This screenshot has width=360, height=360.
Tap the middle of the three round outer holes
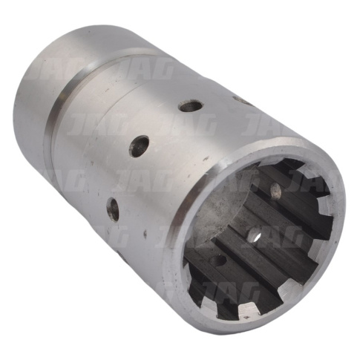(140, 146)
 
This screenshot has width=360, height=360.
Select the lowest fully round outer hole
(113, 209)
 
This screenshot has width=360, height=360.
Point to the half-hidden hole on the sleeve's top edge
(243, 101)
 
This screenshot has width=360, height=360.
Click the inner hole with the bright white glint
(255, 235)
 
